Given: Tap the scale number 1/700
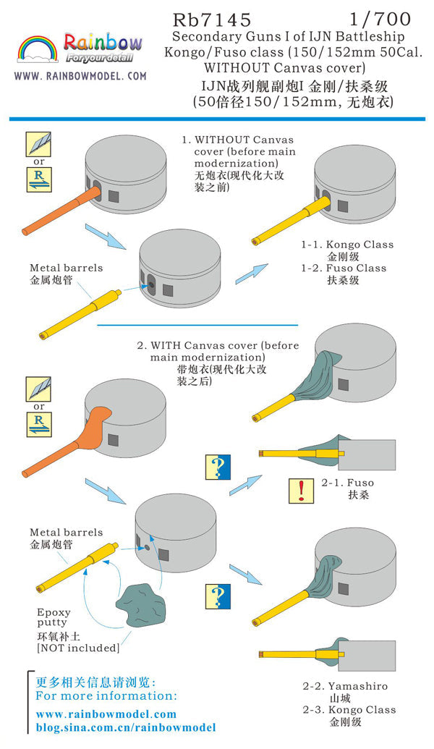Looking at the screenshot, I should [x=391, y=18].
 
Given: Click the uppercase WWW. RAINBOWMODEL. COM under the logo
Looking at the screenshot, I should [x=80, y=76].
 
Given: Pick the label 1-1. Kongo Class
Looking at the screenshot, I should [x=347, y=245].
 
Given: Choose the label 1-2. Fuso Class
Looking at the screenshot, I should [x=344, y=268].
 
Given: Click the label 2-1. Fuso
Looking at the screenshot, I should [x=351, y=483].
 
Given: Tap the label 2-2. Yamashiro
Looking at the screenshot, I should [x=345, y=686].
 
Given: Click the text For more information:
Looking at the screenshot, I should [x=106, y=695].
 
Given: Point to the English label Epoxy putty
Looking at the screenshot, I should [x=54, y=617].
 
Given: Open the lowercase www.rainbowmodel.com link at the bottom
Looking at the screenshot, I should [x=106, y=714].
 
